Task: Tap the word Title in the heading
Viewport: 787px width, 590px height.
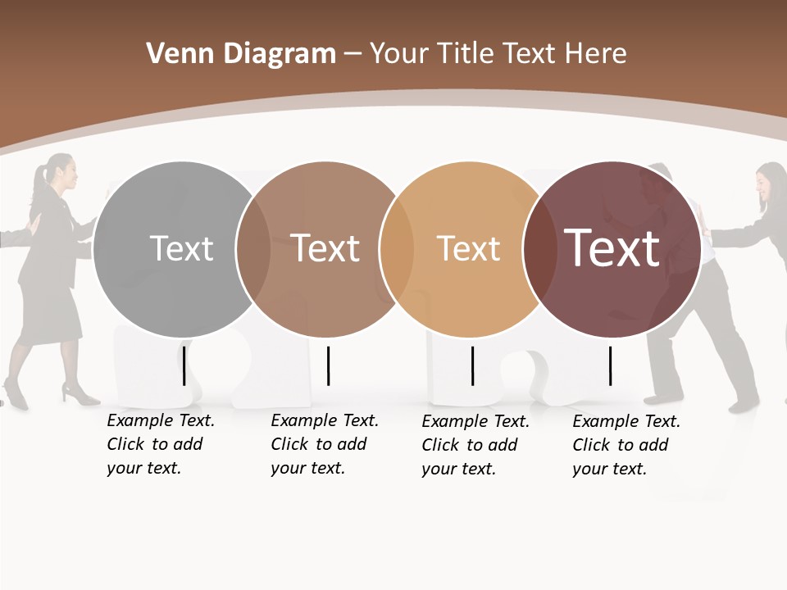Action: (466, 54)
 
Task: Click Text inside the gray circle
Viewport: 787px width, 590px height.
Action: (181, 248)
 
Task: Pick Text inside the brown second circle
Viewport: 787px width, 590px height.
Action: (325, 248)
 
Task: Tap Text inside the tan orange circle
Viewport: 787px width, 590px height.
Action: (468, 248)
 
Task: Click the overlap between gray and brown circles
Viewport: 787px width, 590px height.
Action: (252, 248)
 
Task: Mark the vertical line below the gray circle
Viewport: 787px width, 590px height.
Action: (184, 365)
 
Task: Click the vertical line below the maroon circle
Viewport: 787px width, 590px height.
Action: (611, 365)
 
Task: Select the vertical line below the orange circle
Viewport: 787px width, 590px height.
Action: (472, 365)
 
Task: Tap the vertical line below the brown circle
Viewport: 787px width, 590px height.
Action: (328, 365)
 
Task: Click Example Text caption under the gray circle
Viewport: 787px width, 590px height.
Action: (161, 421)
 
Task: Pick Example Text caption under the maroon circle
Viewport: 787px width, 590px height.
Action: (626, 422)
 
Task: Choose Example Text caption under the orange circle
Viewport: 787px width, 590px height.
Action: (475, 422)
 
